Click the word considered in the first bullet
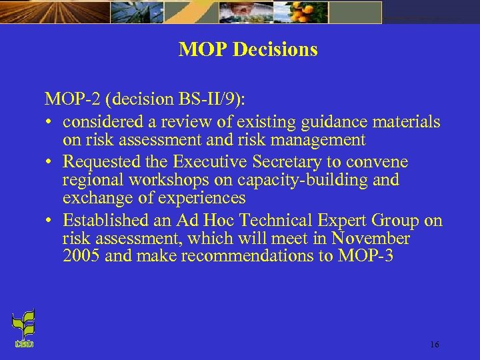tap(105, 122)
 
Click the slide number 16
tap(434, 345)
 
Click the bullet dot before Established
tap(50, 221)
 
